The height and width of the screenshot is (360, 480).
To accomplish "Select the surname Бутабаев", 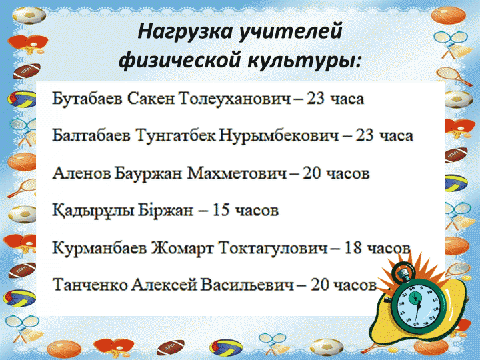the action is (x=87, y=99).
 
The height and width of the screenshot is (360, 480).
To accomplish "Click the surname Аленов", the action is (x=82, y=173).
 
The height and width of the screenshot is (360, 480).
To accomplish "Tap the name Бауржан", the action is (x=149, y=173).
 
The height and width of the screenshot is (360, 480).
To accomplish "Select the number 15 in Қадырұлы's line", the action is (x=221, y=210).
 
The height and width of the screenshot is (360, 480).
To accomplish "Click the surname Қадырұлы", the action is (x=93, y=211).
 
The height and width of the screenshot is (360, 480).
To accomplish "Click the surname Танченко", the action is (x=90, y=285).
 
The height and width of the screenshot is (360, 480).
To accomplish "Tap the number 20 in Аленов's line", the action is (x=311, y=173).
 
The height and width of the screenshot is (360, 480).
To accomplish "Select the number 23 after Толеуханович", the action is (x=315, y=99).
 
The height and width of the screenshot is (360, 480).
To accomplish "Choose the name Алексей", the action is (x=164, y=285).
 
